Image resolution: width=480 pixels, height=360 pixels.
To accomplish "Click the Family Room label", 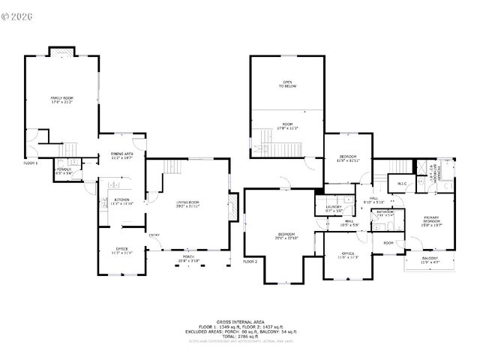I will point(61,100).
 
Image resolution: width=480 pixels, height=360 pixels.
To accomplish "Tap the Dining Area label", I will point(121,156).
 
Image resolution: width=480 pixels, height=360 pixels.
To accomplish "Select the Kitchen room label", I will point(121,201).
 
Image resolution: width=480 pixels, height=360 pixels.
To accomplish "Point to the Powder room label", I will point(63,171).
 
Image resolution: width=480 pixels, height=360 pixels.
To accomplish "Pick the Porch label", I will point(188,258).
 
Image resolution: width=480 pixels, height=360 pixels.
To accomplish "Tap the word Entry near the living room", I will point(154,235).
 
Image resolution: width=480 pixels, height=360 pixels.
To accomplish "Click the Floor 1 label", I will point(30,163).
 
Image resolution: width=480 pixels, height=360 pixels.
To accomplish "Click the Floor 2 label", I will point(250,262).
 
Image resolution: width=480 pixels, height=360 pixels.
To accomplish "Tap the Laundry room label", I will point(334,208).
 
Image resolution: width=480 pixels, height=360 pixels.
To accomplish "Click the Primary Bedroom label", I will point(431,221).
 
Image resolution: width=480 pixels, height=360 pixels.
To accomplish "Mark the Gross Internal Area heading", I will point(239,320).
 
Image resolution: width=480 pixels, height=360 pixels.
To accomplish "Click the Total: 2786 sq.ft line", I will point(239,335).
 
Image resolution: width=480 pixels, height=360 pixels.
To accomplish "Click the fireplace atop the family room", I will point(61,51).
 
